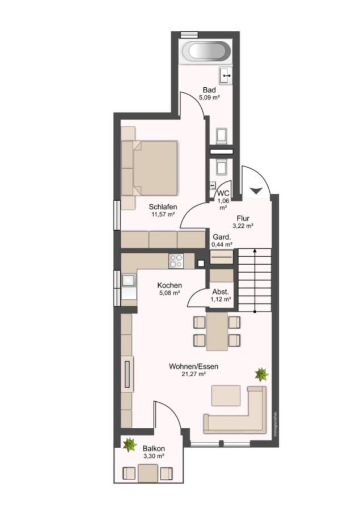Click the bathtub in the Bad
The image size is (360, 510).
[x=206, y=52]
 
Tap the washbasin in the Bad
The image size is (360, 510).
[x=226, y=76]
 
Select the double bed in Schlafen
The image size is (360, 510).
[x=150, y=168]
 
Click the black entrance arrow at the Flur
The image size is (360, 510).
[x=256, y=190]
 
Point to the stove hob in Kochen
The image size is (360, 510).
[x=176, y=261]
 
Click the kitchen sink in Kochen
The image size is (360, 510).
[x=129, y=280]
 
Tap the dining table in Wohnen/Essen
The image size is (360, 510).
[x=217, y=331]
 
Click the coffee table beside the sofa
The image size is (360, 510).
[x=226, y=395]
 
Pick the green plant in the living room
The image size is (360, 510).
[x=261, y=375]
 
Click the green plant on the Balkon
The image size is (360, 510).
[x=130, y=445]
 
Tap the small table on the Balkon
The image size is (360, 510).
[x=148, y=473]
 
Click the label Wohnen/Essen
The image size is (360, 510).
[x=193, y=367]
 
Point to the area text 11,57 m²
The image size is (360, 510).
[x=163, y=214]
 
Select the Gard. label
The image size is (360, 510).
[x=222, y=237]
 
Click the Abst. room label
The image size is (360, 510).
[x=221, y=292]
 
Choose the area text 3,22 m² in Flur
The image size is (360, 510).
[x=243, y=226]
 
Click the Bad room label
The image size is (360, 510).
[x=209, y=90]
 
